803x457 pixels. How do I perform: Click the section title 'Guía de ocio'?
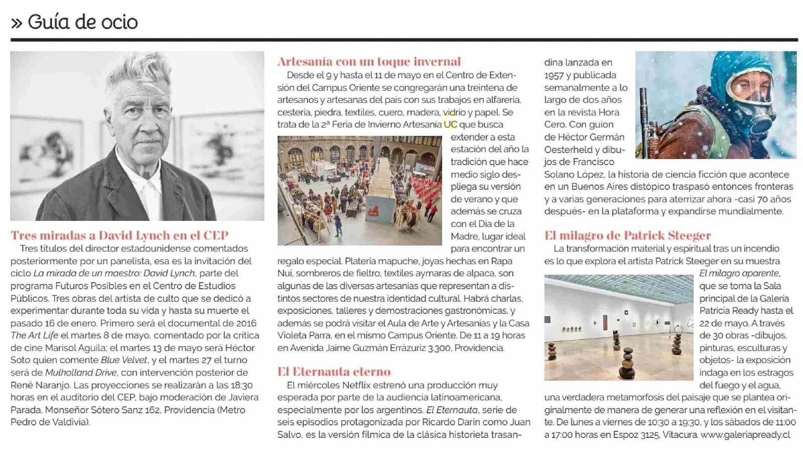pyautogui.click(x=82, y=22)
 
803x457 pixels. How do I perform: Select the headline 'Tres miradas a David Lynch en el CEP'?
pyautogui.click(x=119, y=235)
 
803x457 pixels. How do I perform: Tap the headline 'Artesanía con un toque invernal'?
pyautogui.click(x=369, y=61)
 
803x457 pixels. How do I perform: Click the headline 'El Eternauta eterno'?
pyautogui.click(x=334, y=372)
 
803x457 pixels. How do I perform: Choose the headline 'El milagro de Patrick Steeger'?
pyautogui.click(x=627, y=235)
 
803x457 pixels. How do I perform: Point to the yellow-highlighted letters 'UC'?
pyautogui.click(x=450, y=125)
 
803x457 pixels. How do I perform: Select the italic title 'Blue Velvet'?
pyautogui.click(x=124, y=360)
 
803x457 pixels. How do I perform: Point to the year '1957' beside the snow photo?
pyautogui.click(x=554, y=75)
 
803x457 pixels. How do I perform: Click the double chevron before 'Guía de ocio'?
pyautogui.click(x=17, y=23)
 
